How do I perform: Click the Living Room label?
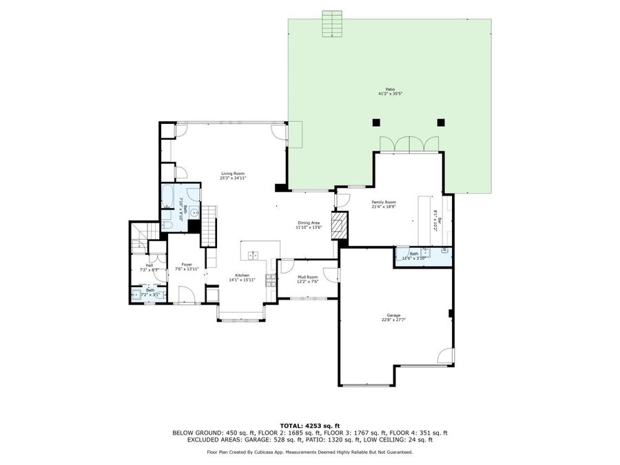pos(233,174)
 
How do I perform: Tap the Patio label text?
pos(390,89)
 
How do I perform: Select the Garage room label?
pos(393,316)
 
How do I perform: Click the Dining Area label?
pos(308,223)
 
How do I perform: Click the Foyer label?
pos(187,265)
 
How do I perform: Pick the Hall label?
pos(149,265)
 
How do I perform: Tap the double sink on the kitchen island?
pos(253,255)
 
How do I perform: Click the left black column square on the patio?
pos(376,123)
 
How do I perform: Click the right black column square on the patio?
pos(441,123)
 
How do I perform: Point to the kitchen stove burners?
pos(271,281)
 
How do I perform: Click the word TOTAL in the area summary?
pos(293,425)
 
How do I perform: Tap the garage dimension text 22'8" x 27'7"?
pos(393,320)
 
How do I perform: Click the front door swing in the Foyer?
pos(187,296)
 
